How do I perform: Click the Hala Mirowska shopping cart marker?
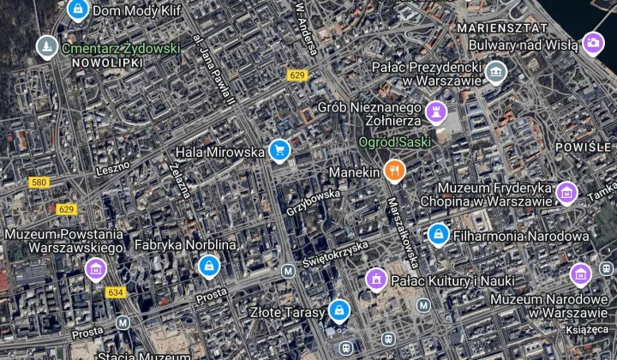279,151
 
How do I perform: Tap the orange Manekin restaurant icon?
394,171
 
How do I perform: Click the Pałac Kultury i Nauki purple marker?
375,279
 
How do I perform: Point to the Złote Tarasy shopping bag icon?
339,309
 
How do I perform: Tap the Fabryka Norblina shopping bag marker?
208,266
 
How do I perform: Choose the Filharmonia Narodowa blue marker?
439,233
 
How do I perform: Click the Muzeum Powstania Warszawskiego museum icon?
96,270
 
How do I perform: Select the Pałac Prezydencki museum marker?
495,72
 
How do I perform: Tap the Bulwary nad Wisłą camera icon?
592,43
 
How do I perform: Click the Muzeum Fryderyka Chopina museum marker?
566,193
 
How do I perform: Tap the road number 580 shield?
39,183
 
